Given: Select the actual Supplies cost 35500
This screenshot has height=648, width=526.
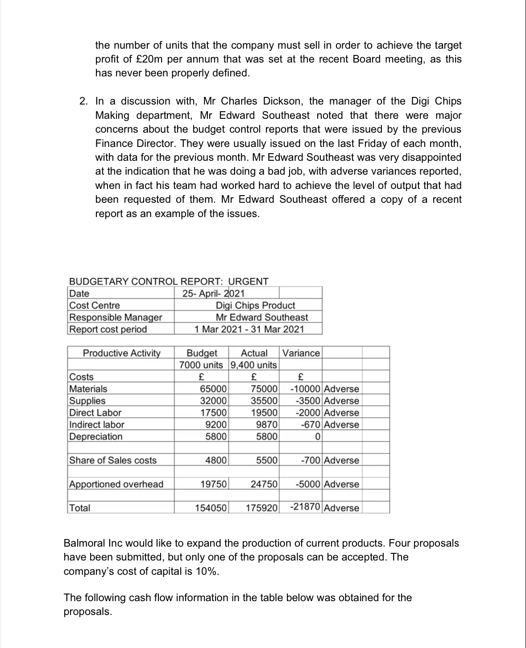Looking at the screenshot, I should [x=265, y=401].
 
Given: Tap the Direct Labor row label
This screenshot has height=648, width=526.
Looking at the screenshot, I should [x=95, y=413].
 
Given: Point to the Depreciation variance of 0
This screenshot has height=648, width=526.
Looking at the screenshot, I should [x=317, y=436].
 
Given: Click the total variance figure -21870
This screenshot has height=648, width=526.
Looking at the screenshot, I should [x=305, y=507].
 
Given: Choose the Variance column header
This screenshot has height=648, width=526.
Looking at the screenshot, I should [x=301, y=353].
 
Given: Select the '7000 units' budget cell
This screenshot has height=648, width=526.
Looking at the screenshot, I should [x=201, y=365].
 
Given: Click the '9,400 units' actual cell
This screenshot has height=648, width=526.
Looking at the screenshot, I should [x=254, y=365].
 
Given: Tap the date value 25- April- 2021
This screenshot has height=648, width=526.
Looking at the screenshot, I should [x=213, y=293].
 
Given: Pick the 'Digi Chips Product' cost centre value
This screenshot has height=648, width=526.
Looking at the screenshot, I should [x=255, y=305].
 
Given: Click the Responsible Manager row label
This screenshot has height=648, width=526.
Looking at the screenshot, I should [x=116, y=317].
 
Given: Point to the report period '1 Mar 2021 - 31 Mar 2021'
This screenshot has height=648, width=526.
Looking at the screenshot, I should [x=249, y=329].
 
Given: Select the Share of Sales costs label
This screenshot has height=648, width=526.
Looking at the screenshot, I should [x=113, y=460].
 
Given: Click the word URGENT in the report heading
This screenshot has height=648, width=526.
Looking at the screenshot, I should [x=248, y=281].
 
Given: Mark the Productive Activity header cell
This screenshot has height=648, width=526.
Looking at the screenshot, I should [x=121, y=353].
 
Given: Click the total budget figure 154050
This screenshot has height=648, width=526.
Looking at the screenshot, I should [x=211, y=508].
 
